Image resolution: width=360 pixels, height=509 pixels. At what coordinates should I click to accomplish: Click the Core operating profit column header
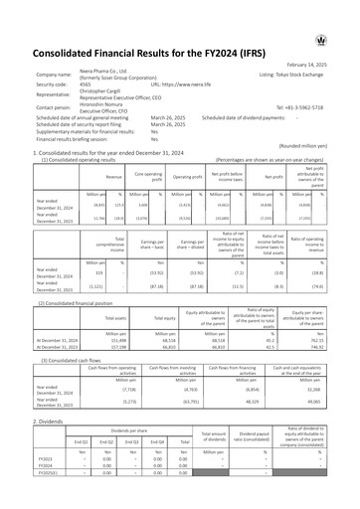pyautogui.click(x=149, y=177)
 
